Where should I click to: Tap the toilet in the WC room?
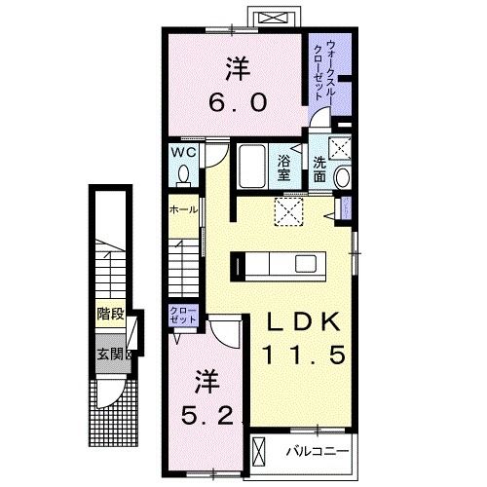[183, 174]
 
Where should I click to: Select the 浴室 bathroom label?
[286, 168]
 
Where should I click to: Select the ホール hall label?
[183, 209]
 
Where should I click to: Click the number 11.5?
[301, 356]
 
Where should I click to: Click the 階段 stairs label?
[110, 314]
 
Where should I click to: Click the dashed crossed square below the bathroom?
[288, 210]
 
